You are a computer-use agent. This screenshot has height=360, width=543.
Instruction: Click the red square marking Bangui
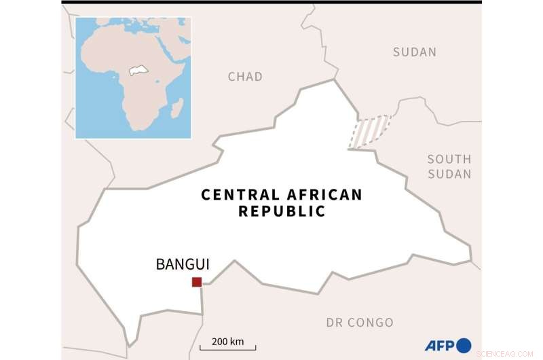197,282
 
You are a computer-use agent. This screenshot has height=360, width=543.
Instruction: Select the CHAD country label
245,77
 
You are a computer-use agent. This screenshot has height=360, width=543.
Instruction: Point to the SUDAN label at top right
415,52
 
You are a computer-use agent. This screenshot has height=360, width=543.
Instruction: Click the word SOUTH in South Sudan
449,159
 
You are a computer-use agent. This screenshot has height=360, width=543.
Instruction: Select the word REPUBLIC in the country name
282,211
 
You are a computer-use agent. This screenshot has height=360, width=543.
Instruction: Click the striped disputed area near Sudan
369,130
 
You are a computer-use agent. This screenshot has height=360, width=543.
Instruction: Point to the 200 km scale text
227,341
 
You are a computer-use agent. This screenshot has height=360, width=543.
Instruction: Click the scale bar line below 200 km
227,349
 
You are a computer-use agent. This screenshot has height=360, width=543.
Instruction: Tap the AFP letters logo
440,346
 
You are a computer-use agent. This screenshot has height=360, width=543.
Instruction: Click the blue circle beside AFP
464,345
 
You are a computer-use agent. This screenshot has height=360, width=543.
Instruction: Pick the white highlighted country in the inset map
138,71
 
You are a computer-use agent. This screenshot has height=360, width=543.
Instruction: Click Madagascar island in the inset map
176,107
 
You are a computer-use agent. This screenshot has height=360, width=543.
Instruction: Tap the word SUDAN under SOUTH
449,175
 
